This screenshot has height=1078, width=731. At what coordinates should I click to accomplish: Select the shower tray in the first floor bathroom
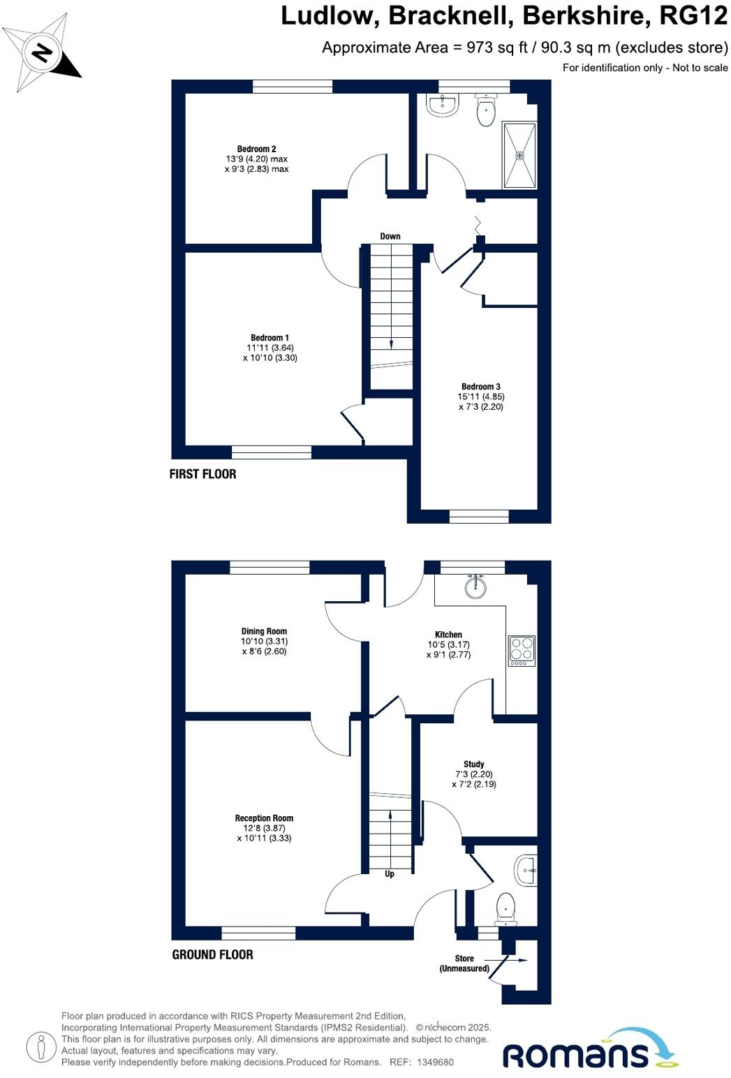pos(519,156)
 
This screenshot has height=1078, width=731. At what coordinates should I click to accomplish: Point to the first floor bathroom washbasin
pos(443,105)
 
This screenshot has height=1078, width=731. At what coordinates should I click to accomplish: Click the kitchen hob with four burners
pos(522,650)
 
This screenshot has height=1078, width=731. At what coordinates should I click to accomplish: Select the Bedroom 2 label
pos(256,149)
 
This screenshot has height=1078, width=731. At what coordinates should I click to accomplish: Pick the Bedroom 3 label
pos(480,387)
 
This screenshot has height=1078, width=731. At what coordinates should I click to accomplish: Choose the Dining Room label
pos(264,631)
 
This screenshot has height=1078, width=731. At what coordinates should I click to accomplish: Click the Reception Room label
pos(264,818)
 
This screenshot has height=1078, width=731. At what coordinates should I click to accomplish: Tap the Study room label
pos(473,765)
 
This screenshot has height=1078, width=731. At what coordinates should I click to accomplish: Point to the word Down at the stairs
pos(390,236)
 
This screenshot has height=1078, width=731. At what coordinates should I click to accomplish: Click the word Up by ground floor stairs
pos(390,873)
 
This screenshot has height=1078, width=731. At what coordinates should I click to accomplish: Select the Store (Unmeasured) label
pos(464,963)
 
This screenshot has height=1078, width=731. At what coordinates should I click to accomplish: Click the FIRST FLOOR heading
pos(202,474)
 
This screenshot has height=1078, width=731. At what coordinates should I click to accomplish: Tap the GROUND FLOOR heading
pos(212,954)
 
